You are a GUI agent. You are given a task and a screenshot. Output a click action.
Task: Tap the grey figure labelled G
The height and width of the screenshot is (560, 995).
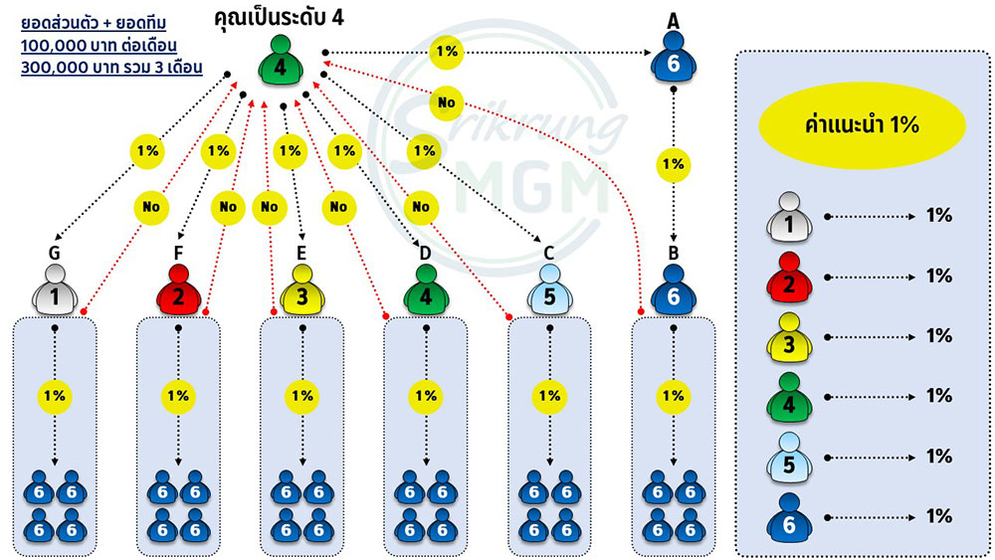(x=55, y=289)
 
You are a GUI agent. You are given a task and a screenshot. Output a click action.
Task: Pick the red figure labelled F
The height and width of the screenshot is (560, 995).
(x=179, y=289)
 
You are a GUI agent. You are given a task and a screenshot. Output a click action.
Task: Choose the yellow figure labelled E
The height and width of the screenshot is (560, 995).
(x=302, y=289)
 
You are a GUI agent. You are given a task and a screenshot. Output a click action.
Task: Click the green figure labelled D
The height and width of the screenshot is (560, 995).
(x=427, y=289)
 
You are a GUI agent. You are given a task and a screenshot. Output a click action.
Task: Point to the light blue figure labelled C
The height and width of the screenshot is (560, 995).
(x=550, y=289)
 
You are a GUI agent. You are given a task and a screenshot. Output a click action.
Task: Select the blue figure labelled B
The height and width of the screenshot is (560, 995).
(x=674, y=289)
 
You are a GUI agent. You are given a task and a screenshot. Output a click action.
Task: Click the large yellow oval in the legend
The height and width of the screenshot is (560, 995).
(x=862, y=125)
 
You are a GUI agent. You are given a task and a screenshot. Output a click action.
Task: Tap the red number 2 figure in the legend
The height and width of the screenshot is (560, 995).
(x=789, y=278)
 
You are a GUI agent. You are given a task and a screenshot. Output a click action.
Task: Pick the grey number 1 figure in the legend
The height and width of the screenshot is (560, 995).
(x=789, y=218)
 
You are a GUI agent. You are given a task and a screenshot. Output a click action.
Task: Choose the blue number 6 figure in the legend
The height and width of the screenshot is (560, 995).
(x=789, y=517)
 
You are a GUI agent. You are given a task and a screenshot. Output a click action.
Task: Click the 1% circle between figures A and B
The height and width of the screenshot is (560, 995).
(x=674, y=164)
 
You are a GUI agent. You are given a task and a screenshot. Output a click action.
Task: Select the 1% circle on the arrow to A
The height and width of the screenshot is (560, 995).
(x=448, y=52)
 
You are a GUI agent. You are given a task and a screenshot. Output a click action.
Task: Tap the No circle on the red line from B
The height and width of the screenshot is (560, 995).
(x=447, y=102)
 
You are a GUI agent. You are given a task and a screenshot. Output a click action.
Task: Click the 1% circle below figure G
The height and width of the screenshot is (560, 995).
(x=55, y=396)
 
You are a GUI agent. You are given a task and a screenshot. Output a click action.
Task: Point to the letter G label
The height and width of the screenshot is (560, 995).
(x=55, y=253)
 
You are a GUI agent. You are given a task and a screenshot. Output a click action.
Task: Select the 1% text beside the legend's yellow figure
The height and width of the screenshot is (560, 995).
(x=939, y=335)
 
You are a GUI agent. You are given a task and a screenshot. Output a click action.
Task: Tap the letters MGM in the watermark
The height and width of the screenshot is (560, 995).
(x=531, y=188)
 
